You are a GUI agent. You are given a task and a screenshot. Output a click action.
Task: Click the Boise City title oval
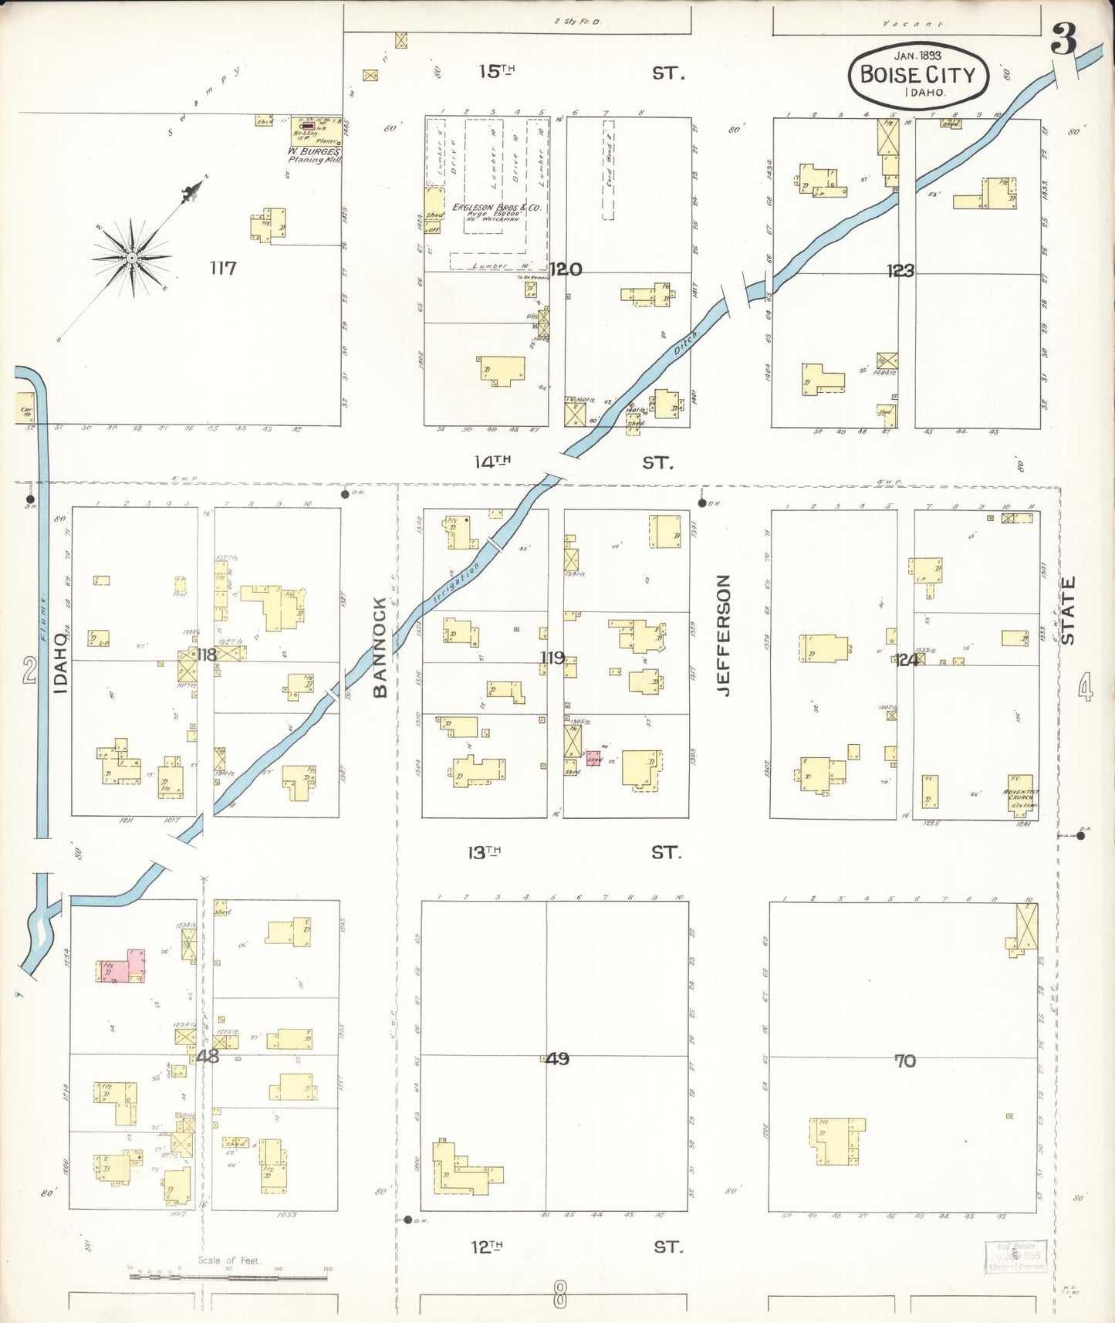tap(917, 75)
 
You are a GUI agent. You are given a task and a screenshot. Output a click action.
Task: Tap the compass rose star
tap(132, 257)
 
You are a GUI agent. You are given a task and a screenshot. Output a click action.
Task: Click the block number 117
tap(222, 269)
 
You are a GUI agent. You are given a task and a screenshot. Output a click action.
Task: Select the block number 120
tap(566, 269)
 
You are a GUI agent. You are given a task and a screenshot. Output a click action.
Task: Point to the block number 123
tap(900, 271)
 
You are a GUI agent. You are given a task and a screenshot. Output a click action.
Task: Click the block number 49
tap(556, 1059)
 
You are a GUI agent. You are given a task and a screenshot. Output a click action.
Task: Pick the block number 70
tap(904, 1061)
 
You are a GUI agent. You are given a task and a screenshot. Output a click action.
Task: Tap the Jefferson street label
tap(723, 634)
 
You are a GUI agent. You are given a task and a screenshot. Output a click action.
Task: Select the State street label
tap(1068, 610)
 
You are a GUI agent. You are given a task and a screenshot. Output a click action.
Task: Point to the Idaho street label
tap(61, 662)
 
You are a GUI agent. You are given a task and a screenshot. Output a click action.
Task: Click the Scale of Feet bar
tap(228, 1276)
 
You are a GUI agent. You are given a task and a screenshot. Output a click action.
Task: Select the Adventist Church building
tap(1020, 794)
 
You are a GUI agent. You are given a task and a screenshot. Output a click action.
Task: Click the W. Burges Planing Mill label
tap(313, 155)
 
